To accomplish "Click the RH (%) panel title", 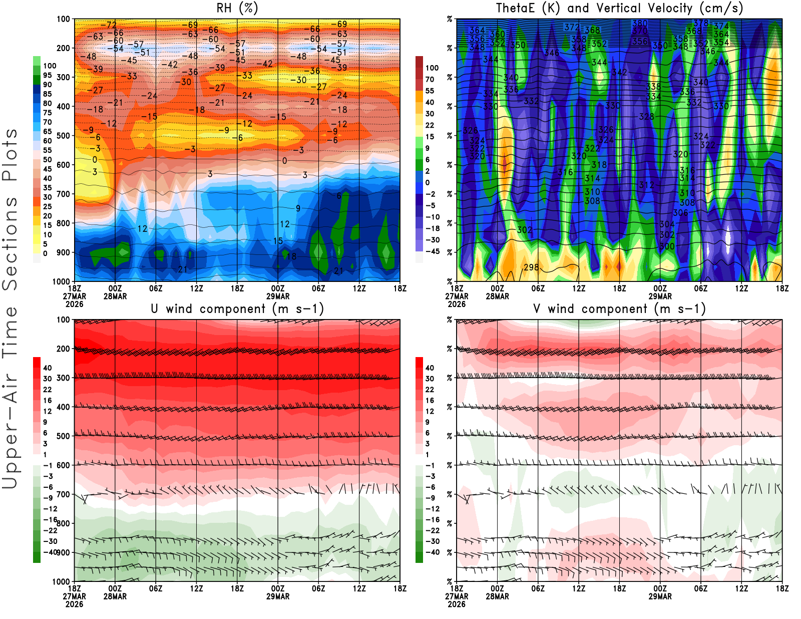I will click(237, 9).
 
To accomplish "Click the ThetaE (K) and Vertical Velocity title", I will click(619, 9).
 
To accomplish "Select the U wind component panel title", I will click(237, 309).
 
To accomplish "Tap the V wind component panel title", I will click(619, 309).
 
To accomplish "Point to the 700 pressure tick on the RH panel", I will click(64, 194).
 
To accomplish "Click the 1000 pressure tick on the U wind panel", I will click(62, 581).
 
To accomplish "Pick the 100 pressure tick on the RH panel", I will click(64, 19).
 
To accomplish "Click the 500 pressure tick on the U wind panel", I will click(64, 436).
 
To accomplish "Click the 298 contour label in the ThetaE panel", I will click(531, 267).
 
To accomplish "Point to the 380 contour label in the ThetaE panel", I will click(640, 24).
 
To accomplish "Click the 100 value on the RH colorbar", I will click(50, 66).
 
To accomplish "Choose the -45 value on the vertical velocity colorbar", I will click(433, 251).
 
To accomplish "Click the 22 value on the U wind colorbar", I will click(48, 390).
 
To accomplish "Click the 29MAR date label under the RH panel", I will click(278, 296).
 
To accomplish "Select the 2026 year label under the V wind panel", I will click(457, 604).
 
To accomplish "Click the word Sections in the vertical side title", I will click(10, 244).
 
